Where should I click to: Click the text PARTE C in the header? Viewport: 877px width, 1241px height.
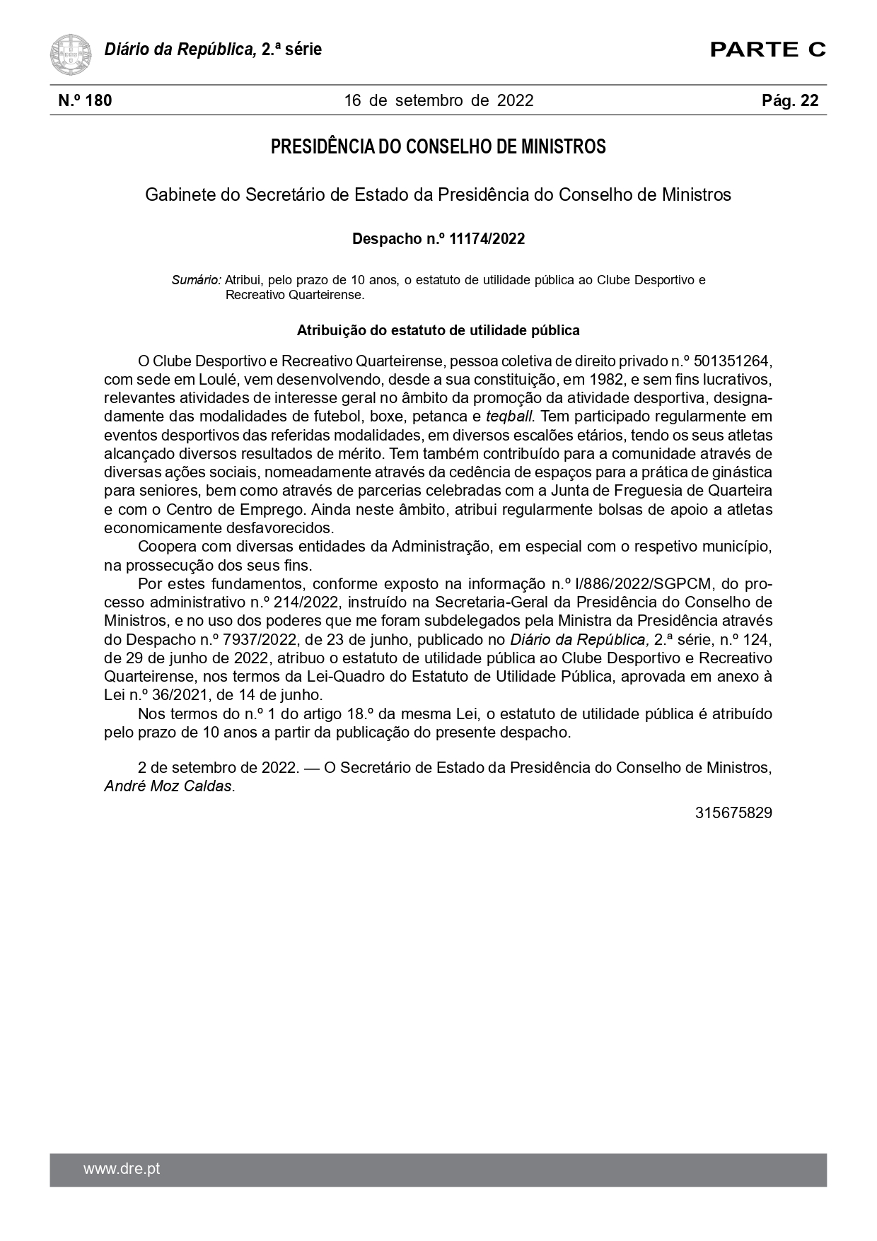767,49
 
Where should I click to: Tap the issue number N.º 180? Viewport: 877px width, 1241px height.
85,100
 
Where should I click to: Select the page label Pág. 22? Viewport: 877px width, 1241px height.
790,100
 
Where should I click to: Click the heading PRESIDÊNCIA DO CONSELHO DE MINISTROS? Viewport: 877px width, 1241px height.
438,147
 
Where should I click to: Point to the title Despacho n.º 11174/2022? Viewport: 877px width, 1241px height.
438,239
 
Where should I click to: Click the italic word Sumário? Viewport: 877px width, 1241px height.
197,280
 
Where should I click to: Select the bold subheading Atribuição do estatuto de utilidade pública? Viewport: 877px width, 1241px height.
438,330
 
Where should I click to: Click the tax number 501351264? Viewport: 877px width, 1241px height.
733,361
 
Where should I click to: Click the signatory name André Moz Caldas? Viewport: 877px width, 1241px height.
168,786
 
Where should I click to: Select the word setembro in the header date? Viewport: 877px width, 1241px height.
429,100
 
